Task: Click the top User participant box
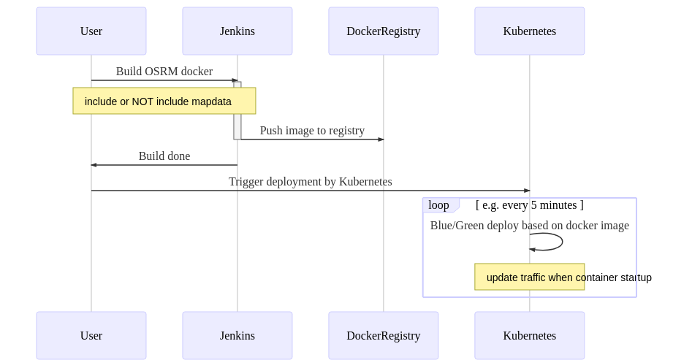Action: click(x=91, y=31)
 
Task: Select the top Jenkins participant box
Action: click(x=237, y=31)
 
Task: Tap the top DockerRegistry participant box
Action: click(x=384, y=31)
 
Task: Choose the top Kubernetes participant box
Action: click(x=530, y=31)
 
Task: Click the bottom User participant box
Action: click(x=91, y=336)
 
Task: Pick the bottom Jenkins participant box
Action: click(x=237, y=336)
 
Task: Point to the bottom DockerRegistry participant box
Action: click(x=384, y=336)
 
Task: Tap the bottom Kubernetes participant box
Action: click(x=530, y=336)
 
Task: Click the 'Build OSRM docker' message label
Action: click(x=164, y=72)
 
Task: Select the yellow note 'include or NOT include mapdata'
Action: click(x=164, y=102)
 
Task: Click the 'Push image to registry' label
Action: click(x=312, y=131)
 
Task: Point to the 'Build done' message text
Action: click(x=164, y=156)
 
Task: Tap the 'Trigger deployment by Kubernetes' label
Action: click(x=311, y=182)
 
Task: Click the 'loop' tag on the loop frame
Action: click(x=439, y=205)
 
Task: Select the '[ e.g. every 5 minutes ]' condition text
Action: click(x=530, y=205)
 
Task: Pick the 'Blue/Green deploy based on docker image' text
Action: click(x=530, y=226)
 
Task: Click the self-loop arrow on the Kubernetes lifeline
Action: click(x=561, y=242)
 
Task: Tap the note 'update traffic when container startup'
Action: click(x=530, y=277)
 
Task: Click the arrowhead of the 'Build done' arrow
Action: click(x=94, y=165)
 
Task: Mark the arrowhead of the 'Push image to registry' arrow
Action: click(x=381, y=139)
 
